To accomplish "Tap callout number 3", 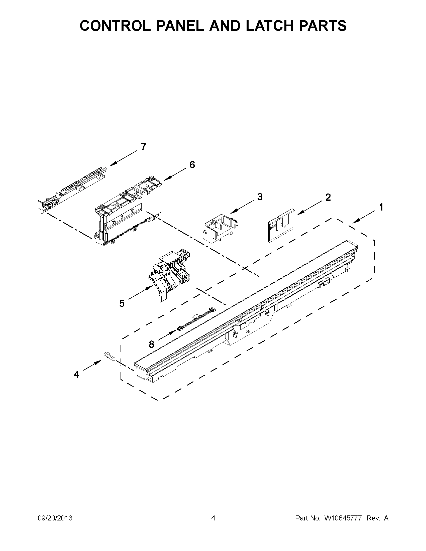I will pos(260,197).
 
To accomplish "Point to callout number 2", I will pos(328,197).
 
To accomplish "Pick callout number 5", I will pos(122,303).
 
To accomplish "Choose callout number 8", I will pos(151,344).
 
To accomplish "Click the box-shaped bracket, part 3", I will pos(220,228).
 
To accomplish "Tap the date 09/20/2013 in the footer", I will pos(55,518).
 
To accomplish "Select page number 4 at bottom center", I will pos(213,518).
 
